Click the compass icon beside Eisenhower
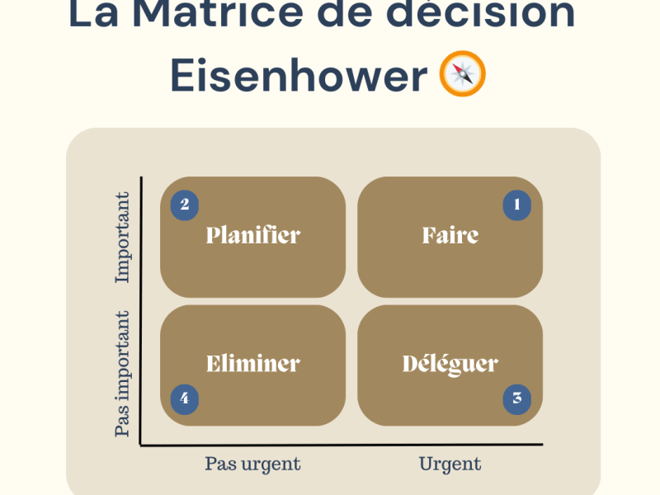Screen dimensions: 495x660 pos(463,74)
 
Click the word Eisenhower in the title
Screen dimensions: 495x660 pos(299,75)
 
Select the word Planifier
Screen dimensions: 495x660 pos(252,236)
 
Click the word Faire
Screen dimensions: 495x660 pos(450,236)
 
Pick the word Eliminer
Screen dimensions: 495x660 pos(252,364)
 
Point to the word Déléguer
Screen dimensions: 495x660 pos(450,364)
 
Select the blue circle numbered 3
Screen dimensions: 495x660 pos(517,398)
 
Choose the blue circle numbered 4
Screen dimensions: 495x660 pos(185,398)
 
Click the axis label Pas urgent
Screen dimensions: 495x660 pos(252,464)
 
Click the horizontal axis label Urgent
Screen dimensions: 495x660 pos(450,464)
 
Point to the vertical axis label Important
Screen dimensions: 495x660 pos(123,238)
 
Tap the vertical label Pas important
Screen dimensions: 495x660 pos(123,374)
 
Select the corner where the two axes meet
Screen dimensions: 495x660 pos(142,445)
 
